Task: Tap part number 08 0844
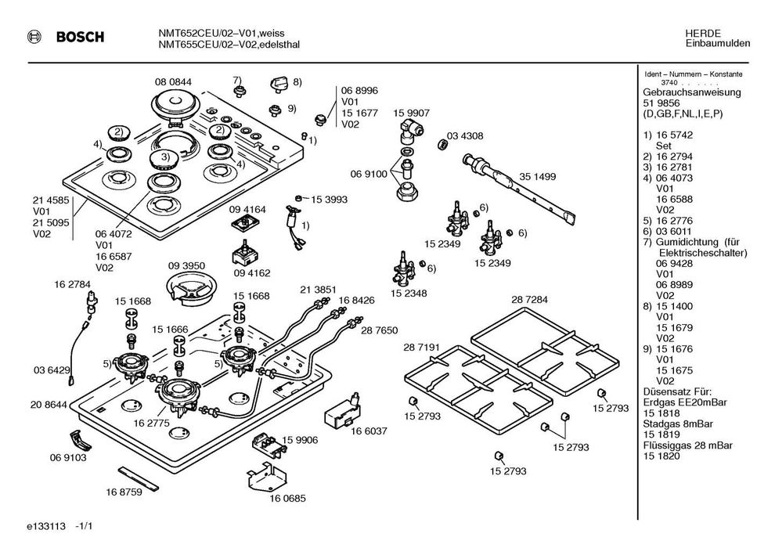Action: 173,82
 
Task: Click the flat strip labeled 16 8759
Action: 142,477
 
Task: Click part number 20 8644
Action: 49,404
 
